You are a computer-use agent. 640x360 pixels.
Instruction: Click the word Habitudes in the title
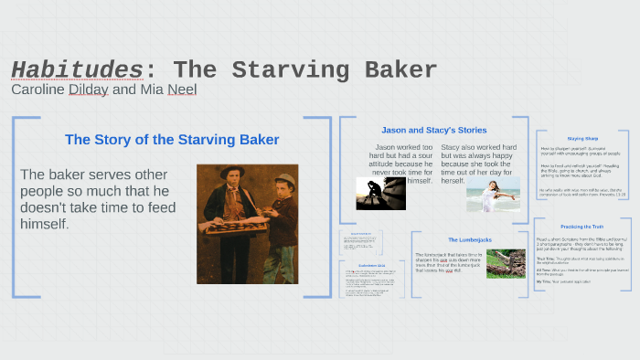[x=77, y=69]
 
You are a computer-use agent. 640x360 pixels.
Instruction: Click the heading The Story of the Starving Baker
[x=172, y=140]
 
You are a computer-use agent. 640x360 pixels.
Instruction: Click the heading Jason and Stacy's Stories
[x=433, y=130]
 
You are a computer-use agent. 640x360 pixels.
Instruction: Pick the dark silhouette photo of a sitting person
[x=380, y=194]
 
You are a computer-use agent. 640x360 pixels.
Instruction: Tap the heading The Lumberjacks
[x=469, y=239]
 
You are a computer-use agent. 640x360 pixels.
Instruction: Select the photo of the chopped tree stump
[x=505, y=263]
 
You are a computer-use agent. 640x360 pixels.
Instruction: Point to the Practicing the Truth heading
[x=582, y=226]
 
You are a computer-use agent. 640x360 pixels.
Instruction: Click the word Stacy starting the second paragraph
[x=451, y=147]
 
